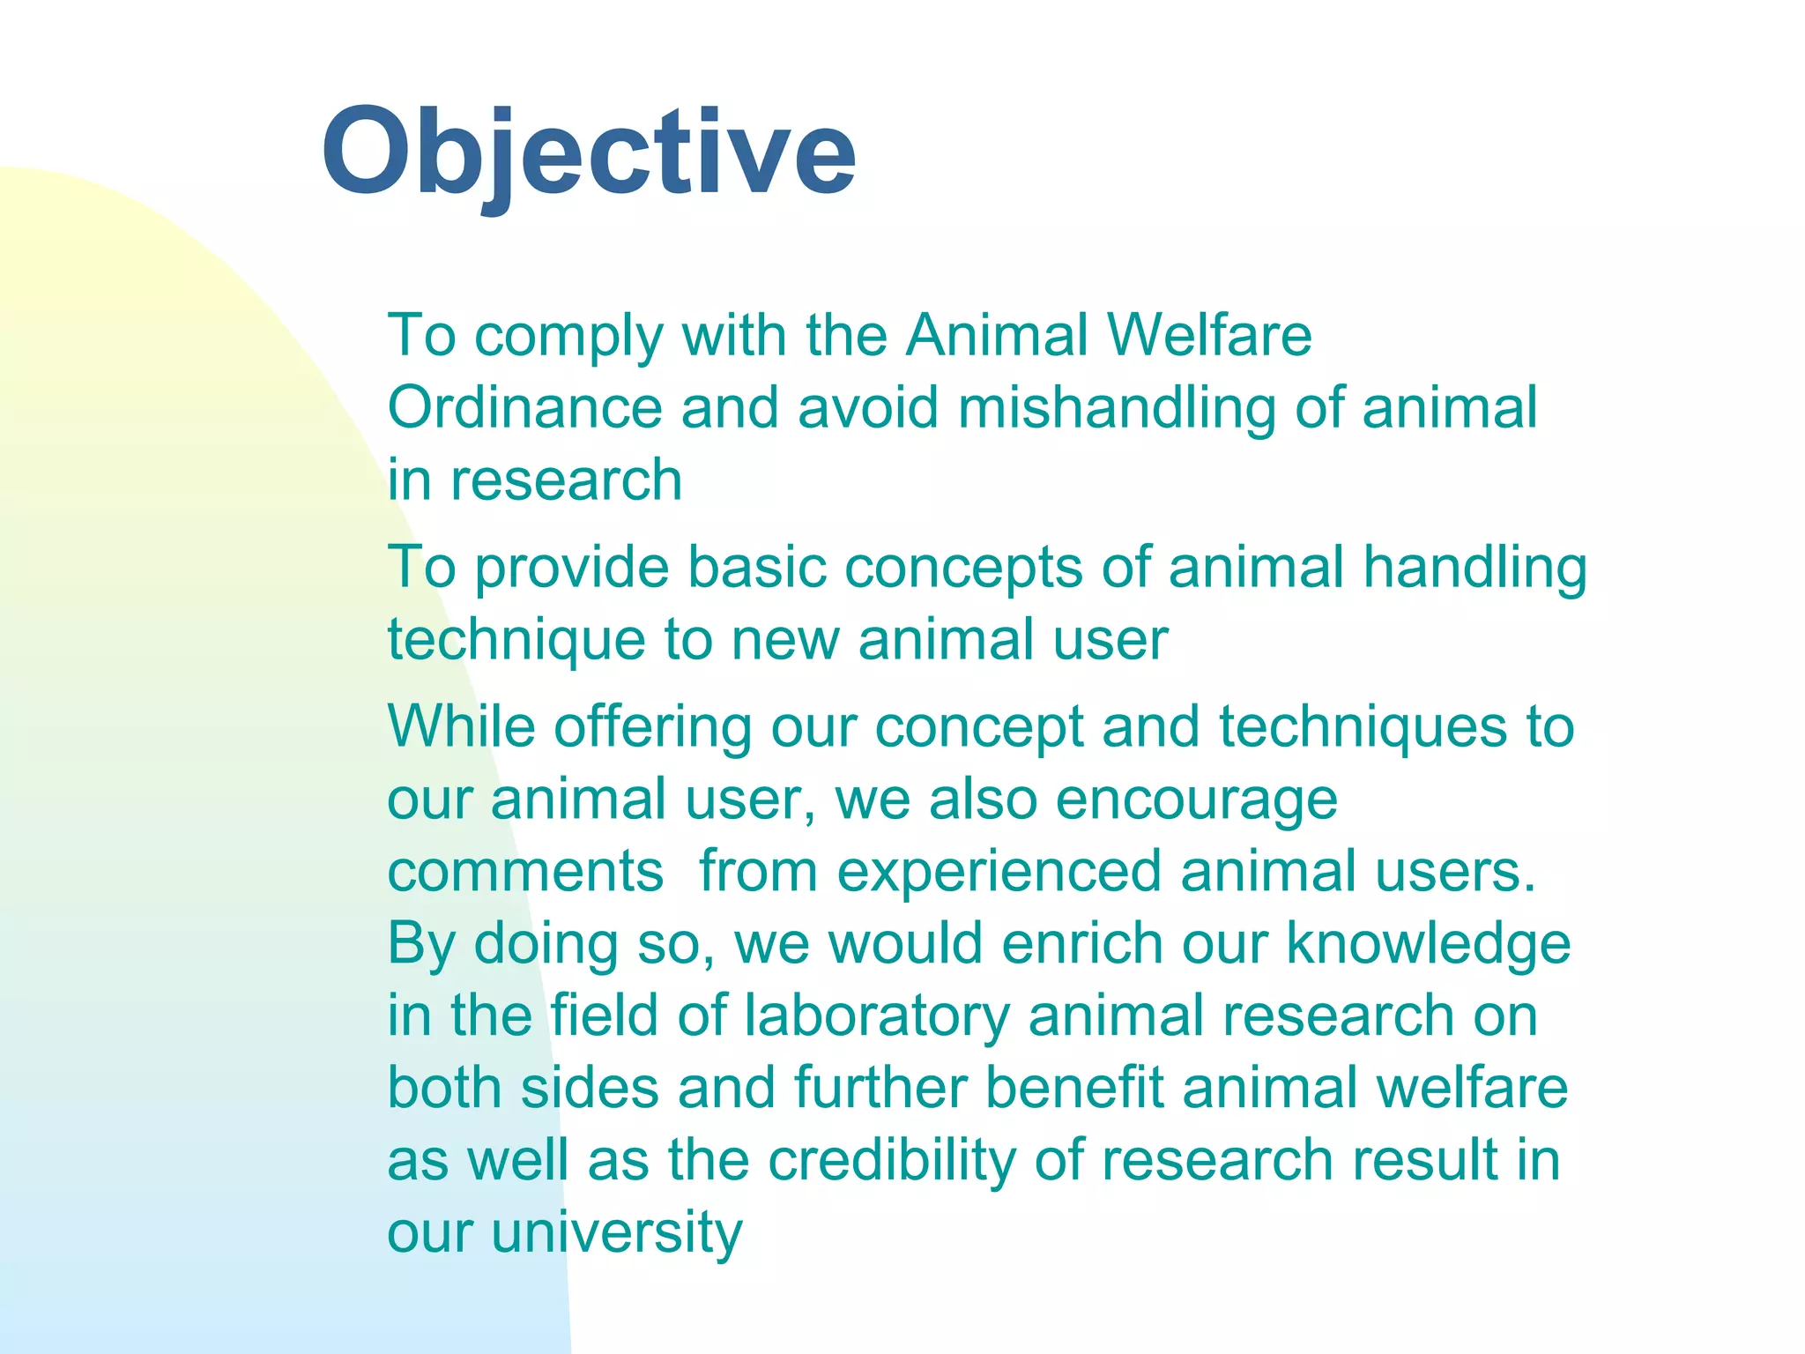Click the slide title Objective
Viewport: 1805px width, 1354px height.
coord(589,152)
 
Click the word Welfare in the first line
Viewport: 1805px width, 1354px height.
coord(1209,336)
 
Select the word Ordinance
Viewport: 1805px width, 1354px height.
coord(524,408)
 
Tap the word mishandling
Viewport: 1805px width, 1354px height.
coord(1117,410)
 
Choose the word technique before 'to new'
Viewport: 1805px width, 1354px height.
coord(516,641)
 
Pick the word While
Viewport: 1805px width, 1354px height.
coord(461,727)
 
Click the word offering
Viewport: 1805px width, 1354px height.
coord(652,729)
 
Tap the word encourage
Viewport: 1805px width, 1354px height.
coord(1196,801)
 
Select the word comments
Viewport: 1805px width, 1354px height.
coord(525,872)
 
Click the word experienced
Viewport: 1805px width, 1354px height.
coord(999,874)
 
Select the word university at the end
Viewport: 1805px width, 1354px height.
coord(616,1233)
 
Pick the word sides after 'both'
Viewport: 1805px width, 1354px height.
coord(590,1088)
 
